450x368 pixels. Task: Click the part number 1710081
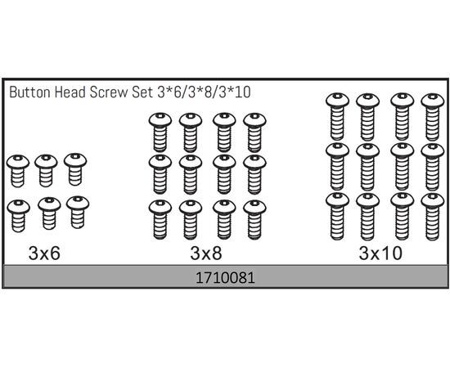pos(225,278)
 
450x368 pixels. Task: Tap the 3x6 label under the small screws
pos(44,254)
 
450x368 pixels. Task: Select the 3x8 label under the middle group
pos(205,254)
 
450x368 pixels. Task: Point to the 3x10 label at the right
pos(380,254)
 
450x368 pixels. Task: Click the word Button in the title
pos(29,92)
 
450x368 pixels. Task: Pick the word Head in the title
pos(70,92)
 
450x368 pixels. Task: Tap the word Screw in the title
pos(109,92)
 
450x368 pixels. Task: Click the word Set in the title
pos(142,92)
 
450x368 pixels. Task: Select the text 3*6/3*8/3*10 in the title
pos(204,92)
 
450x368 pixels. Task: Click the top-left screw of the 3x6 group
pos(18,171)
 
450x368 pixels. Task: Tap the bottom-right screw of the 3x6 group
pos(78,213)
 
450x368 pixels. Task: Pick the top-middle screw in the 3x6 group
pos(46,170)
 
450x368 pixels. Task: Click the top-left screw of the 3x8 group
pos(160,132)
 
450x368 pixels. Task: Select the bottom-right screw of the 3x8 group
pos(254,220)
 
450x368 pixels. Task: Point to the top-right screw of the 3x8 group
pos(254,132)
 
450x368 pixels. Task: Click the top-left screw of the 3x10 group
pos(337,116)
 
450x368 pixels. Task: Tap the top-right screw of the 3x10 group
pos(433,117)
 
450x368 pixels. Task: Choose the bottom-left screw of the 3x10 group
pos(337,216)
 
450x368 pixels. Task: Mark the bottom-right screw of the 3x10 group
pos(433,217)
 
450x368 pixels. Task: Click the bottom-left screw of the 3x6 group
pos(18,216)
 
